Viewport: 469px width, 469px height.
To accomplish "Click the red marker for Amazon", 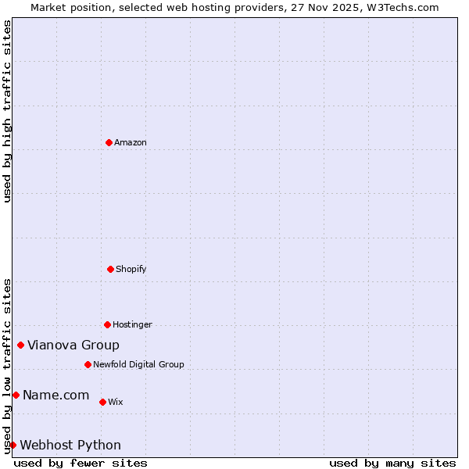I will (109, 142).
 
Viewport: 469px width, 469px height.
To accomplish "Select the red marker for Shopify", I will (110, 269).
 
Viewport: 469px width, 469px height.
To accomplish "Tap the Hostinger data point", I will (107, 324).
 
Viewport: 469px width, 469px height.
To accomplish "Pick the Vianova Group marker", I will (20, 345).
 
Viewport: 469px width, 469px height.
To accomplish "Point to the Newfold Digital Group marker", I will (88, 364).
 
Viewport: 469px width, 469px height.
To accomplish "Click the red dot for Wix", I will (102, 402).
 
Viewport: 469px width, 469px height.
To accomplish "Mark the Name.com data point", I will (16, 395).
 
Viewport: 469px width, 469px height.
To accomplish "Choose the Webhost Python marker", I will (13, 445).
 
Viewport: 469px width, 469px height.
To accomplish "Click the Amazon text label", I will (131, 142).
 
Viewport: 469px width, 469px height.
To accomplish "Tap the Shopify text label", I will (131, 269).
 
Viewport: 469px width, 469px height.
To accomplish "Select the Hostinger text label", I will (132, 324).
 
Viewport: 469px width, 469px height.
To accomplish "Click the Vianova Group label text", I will (73, 345).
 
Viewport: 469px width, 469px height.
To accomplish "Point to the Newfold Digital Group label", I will (138, 364).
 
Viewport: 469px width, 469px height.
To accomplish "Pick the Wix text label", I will (115, 402).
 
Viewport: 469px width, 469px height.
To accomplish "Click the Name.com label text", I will (55, 395).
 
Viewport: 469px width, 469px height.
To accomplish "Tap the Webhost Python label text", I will (70, 445).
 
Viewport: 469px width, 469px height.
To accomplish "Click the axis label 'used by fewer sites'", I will (81, 463).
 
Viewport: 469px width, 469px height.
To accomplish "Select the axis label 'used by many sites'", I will (392, 463).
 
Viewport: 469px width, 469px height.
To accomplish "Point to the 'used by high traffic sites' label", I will (7, 111).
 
